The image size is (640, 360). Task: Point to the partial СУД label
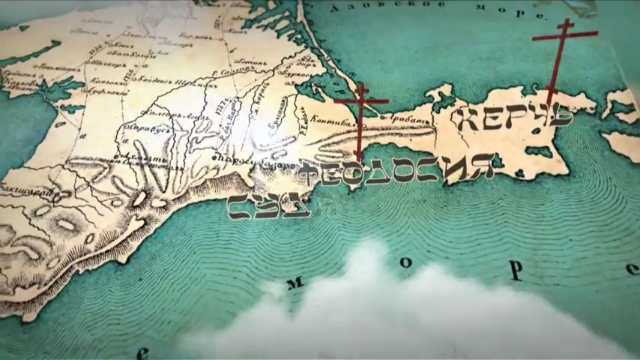pos(268,205)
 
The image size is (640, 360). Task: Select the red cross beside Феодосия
pos(361,120)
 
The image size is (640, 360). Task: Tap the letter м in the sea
pos(295,283)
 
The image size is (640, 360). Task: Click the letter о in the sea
pos(405,262)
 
